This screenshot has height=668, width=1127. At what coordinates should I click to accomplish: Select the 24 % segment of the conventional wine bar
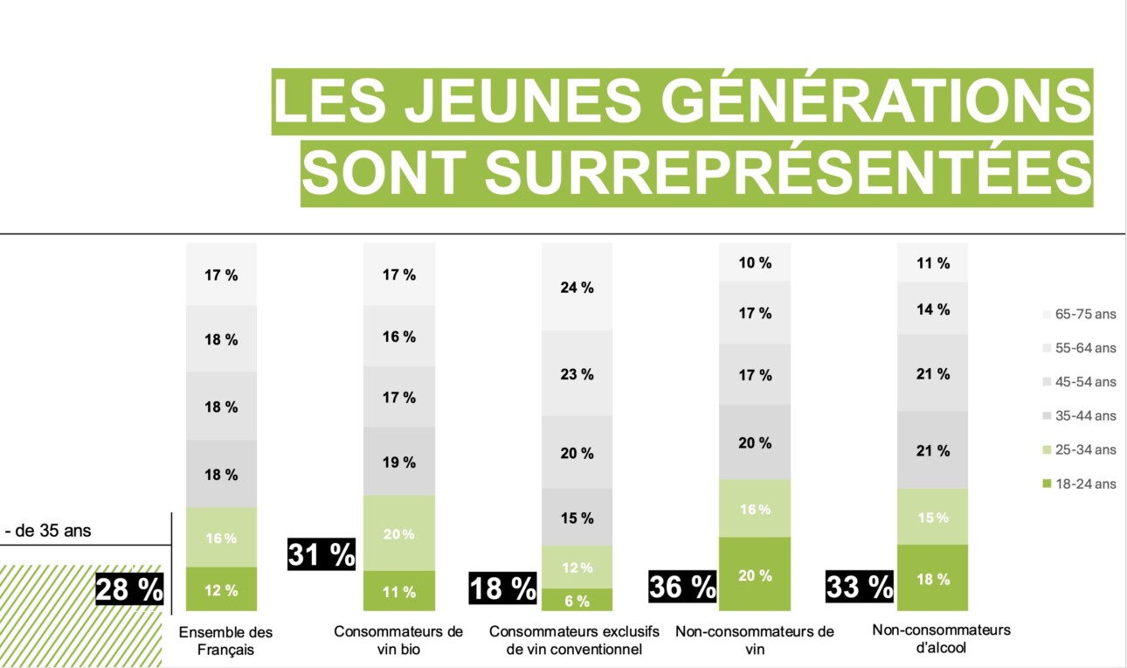click(x=577, y=287)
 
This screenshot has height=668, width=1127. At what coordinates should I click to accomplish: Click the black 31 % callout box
click(x=322, y=554)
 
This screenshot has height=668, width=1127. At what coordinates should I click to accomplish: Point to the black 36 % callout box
click(x=682, y=587)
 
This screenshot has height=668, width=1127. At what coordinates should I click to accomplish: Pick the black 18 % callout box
click(x=503, y=588)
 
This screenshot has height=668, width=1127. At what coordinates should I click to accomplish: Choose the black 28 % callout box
click(x=129, y=589)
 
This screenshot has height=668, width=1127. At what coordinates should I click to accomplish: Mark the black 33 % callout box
click(x=860, y=587)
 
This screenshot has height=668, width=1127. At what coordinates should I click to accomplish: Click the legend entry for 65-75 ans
click(x=1079, y=314)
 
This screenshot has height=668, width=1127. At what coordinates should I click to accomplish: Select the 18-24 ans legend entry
click(x=1079, y=484)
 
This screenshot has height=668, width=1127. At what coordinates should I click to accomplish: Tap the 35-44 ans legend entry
click(x=1079, y=415)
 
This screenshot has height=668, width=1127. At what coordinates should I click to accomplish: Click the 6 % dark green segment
click(x=577, y=600)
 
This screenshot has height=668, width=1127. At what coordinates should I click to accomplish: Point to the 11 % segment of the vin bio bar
click(x=398, y=591)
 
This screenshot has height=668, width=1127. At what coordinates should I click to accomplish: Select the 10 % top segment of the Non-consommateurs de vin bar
click(x=754, y=262)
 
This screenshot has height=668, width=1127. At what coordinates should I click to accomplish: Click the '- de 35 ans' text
click(x=48, y=531)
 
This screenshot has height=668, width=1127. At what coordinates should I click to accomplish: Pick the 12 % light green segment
click(x=577, y=567)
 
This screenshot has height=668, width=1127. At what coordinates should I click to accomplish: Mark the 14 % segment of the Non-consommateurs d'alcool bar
click(x=932, y=309)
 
